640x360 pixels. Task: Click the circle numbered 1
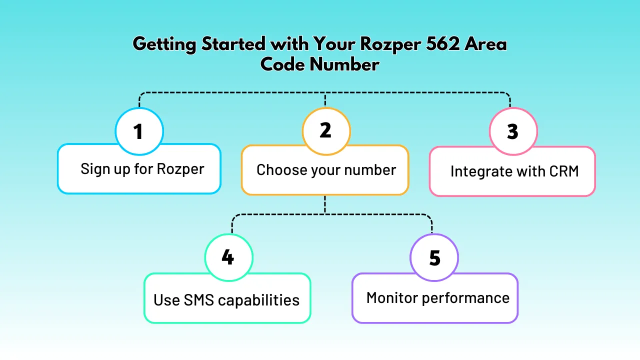tap(139, 131)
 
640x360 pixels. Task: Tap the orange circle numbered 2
tap(326, 131)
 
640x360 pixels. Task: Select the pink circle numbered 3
tap(513, 131)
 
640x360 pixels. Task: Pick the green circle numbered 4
tap(228, 258)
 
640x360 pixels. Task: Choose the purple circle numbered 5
tap(434, 258)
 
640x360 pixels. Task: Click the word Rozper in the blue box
tap(180, 169)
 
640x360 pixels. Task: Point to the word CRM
tap(563, 171)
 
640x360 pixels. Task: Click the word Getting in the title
tap(164, 44)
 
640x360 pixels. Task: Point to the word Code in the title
tap(282, 65)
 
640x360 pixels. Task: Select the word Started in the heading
tap(233, 44)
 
